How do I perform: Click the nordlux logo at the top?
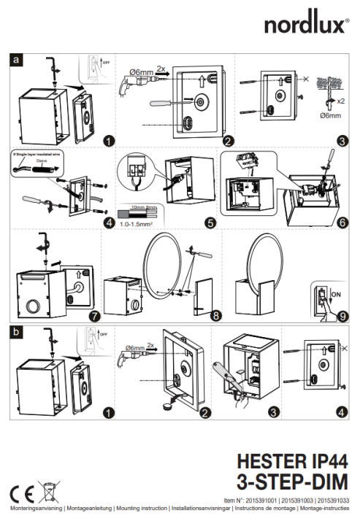coord(306,26)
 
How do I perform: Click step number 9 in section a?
coord(343,315)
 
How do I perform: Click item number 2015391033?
coord(333,500)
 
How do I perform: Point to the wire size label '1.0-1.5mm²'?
coord(136,224)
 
